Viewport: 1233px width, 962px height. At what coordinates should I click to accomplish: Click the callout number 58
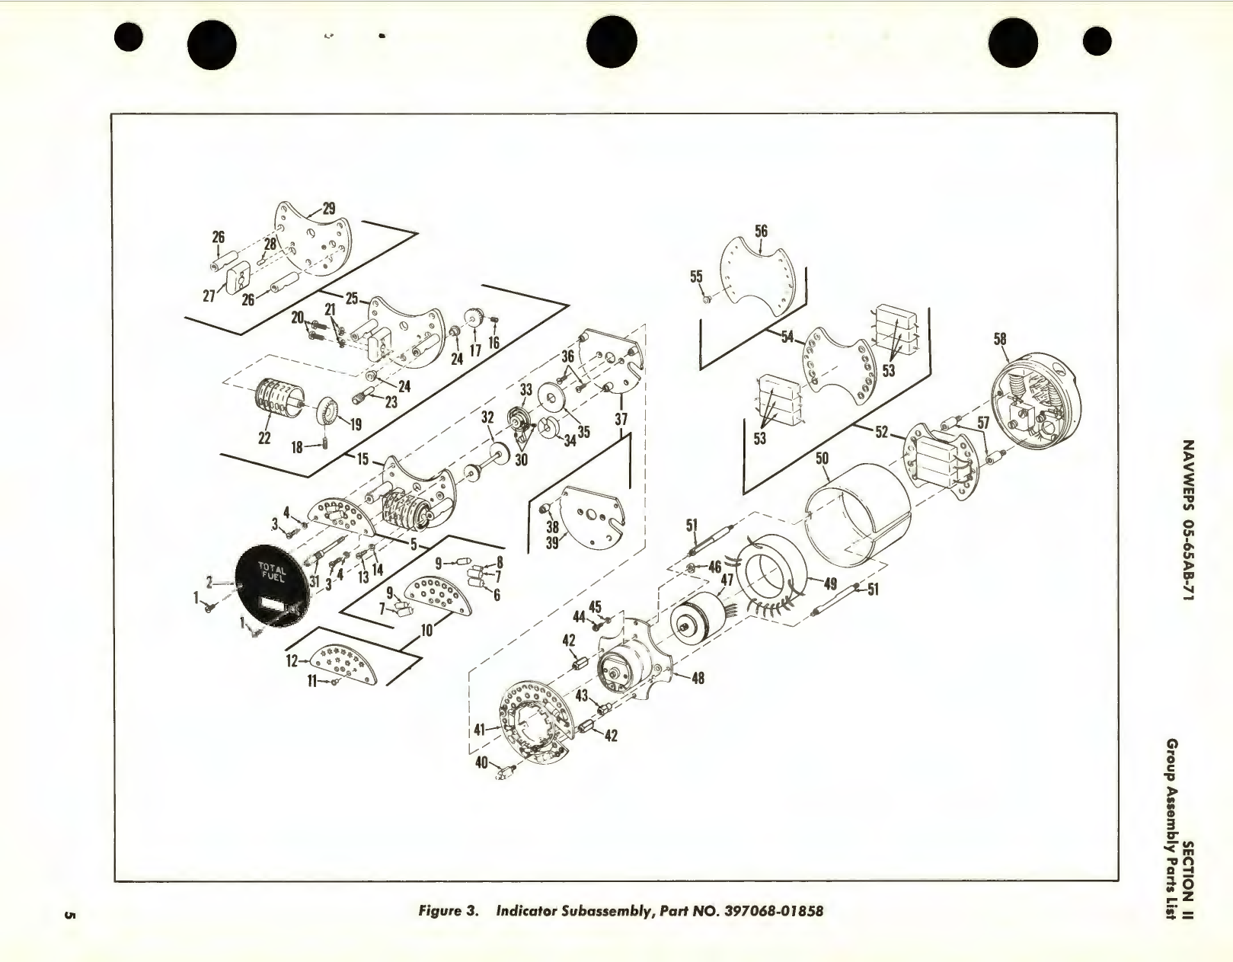(999, 337)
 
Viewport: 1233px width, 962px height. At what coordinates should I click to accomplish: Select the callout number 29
(329, 208)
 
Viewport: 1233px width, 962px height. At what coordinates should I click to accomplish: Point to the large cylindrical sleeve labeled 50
(857, 518)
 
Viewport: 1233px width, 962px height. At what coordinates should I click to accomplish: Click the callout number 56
(761, 230)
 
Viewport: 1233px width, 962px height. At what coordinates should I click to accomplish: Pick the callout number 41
(480, 729)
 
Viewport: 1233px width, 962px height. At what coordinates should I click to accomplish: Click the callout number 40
(481, 761)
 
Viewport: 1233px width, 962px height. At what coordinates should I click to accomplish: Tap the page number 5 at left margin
(69, 915)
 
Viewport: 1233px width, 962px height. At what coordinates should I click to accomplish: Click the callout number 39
(553, 542)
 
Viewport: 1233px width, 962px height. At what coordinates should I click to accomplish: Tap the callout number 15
(363, 459)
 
